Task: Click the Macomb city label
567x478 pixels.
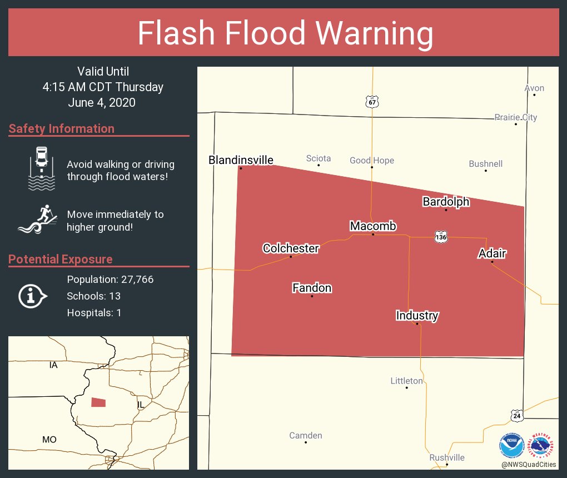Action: tap(372, 226)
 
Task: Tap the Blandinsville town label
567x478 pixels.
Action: tap(241, 160)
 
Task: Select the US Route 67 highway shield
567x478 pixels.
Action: tap(372, 102)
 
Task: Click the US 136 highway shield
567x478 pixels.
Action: tap(441, 236)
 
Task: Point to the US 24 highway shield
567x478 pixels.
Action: tap(517, 415)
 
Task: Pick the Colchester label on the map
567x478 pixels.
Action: tap(291, 248)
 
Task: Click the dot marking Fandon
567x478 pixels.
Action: tap(312, 296)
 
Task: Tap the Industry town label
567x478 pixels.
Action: tap(417, 316)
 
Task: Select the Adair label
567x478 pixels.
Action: tap(492, 253)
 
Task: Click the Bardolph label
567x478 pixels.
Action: tap(446, 202)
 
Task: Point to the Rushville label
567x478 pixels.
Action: tap(446, 457)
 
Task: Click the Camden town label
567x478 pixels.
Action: tap(306, 435)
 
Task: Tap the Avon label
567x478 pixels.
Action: tap(534, 88)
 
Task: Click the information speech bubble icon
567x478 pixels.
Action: tap(32, 296)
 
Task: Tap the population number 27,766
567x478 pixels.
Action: tap(132, 279)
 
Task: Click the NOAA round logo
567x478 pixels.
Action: tap(512, 445)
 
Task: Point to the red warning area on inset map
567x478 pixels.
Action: tap(98, 402)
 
